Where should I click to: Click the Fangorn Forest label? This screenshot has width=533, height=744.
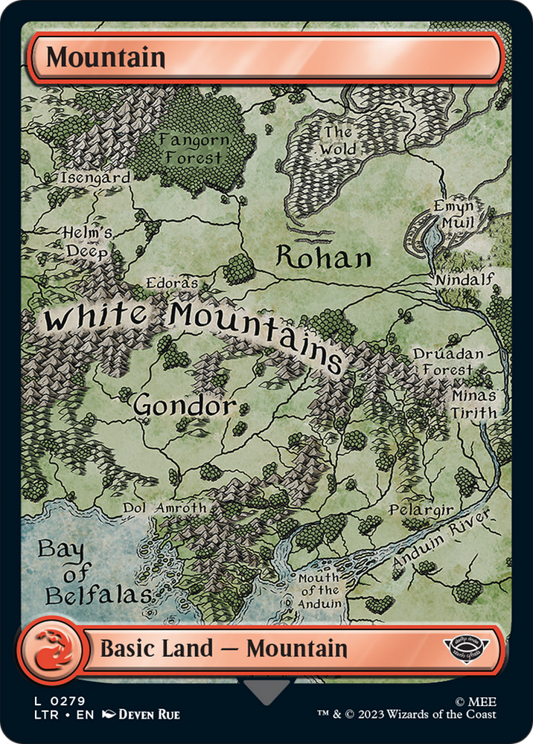(194, 149)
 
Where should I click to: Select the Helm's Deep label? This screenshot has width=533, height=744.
(88, 243)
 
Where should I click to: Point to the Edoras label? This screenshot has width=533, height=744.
(173, 283)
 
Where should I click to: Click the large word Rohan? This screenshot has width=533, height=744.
(323, 257)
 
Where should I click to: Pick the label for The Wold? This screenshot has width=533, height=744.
(338, 141)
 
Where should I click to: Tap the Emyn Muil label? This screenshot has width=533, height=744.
(455, 214)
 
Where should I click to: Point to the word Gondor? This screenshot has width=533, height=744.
(185, 406)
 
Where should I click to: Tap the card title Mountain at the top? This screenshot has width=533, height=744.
(105, 57)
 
